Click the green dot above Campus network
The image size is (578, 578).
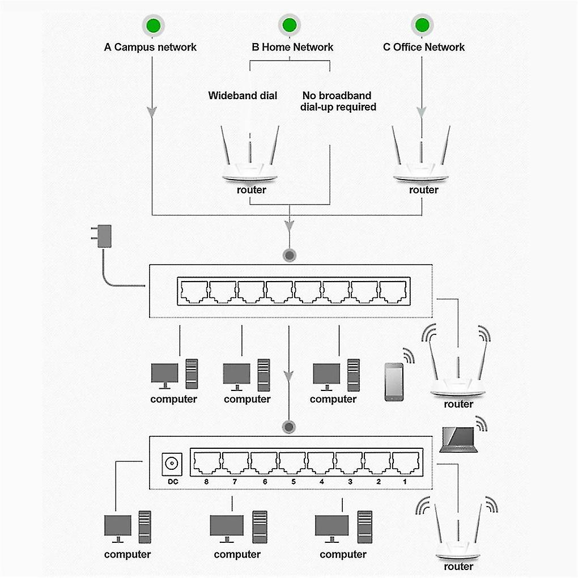point(152,25)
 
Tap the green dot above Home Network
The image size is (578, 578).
point(289,25)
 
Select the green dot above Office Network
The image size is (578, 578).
point(422,25)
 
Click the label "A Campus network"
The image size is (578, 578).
point(150,47)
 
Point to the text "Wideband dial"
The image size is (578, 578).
point(243,95)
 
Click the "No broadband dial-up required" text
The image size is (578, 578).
point(338,101)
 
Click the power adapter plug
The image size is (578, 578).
point(104,236)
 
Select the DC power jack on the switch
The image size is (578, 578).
point(171,464)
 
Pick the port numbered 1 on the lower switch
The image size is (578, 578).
point(405,463)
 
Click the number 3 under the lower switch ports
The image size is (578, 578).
point(350,482)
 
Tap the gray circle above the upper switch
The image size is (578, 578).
point(290,255)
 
